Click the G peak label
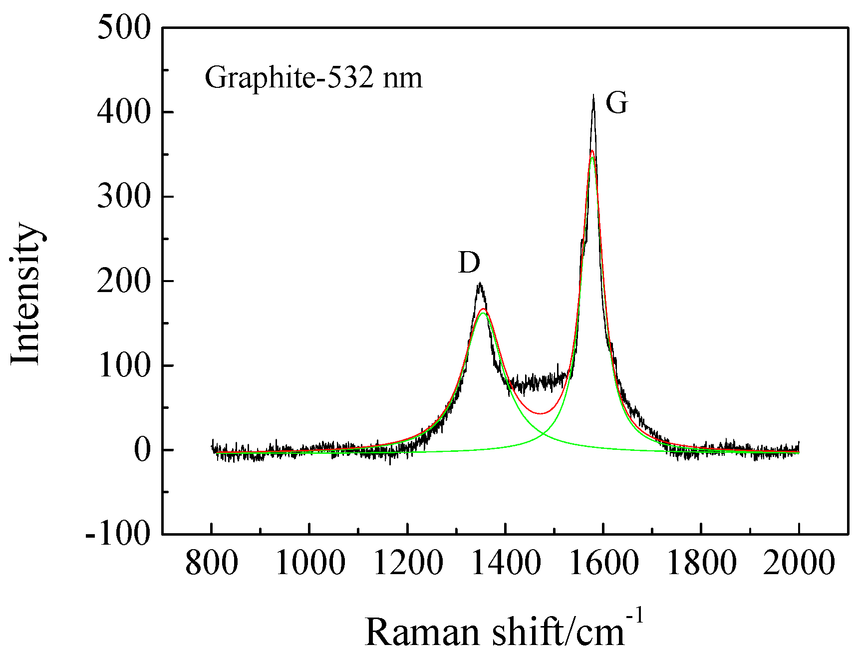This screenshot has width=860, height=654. [x=616, y=104]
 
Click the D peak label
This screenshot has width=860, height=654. [x=469, y=263]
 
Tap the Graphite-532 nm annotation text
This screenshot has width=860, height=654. [x=313, y=78]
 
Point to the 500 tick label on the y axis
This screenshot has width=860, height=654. [x=124, y=27]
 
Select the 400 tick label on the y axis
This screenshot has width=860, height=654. [x=124, y=112]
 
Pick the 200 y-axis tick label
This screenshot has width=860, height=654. [x=124, y=281]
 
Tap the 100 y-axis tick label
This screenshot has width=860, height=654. [x=124, y=365]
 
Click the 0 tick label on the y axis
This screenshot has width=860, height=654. [x=142, y=450]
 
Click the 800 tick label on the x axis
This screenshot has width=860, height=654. [x=211, y=563]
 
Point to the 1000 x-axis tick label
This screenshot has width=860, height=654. [x=309, y=563]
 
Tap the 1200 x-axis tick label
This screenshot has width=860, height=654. [x=408, y=563]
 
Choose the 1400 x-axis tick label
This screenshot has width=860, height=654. [x=506, y=563]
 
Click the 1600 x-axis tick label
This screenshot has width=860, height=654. [x=603, y=563]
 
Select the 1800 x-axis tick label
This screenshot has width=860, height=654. [x=701, y=563]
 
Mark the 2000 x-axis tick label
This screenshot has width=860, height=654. [x=799, y=563]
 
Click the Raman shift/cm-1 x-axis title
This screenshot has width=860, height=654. [x=504, y=630]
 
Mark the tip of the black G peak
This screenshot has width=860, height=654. [x=593, y=95]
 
